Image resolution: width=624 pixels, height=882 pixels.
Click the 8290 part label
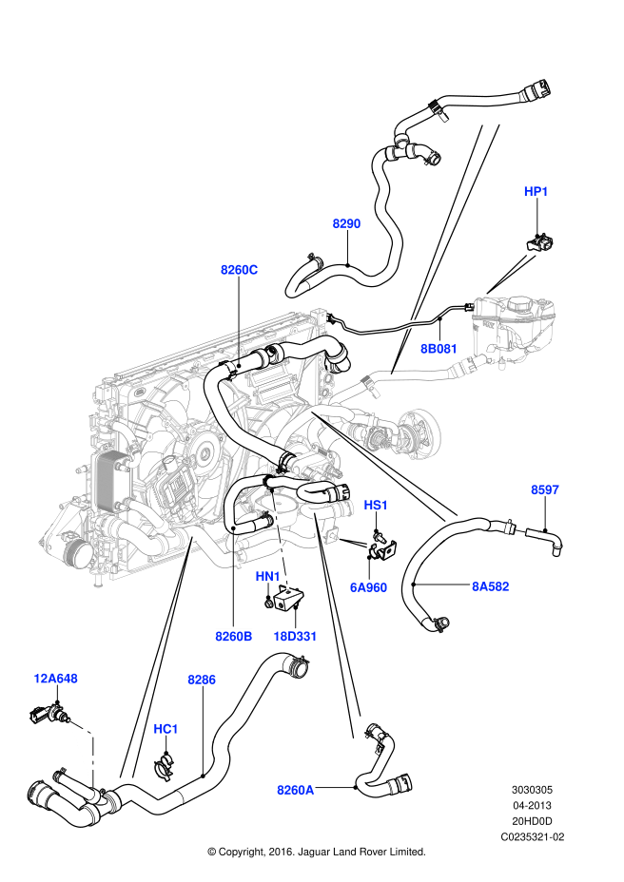pyautogui.click(x=346, y=223)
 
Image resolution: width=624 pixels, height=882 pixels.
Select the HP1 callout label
pyautogui.click(x=536, y=192)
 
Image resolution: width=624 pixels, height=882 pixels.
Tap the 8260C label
pyautogui.click(x=239, y=270)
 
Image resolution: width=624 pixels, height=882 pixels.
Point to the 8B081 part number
pyautogui.click(x=439, y=349)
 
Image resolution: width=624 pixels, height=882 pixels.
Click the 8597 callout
pyautogui.click(x=545, y=490)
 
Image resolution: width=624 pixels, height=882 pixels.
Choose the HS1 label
pyautogui.click(x=376, y=507)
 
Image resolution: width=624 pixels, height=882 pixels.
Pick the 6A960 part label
pyautogui.click(x=368, y=587)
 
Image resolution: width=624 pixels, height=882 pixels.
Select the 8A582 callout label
pyautogui.click(x=491, y=586)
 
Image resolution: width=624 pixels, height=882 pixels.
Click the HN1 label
pyautogui.click(x=267, y=577)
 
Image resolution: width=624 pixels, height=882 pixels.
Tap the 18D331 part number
pyautogui.click(x=295, y=636)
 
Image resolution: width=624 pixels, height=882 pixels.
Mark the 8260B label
pyautogui.click(x=233, y=636)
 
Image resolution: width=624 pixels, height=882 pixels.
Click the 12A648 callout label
pyautogui.click(x=55, y=679)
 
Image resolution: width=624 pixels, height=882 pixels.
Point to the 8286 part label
pyautogui.click(x=202, y=680)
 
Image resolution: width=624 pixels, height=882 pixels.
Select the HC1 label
pyautogui.click(x=166, y=729)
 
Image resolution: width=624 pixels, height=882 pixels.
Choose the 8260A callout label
pyautogui.click(x=295, y=789)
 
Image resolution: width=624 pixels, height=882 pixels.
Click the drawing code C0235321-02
pyautogui.click(x=533, y=836)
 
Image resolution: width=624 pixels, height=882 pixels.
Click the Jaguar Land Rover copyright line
pyautogui.click(x=316, y=852)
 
